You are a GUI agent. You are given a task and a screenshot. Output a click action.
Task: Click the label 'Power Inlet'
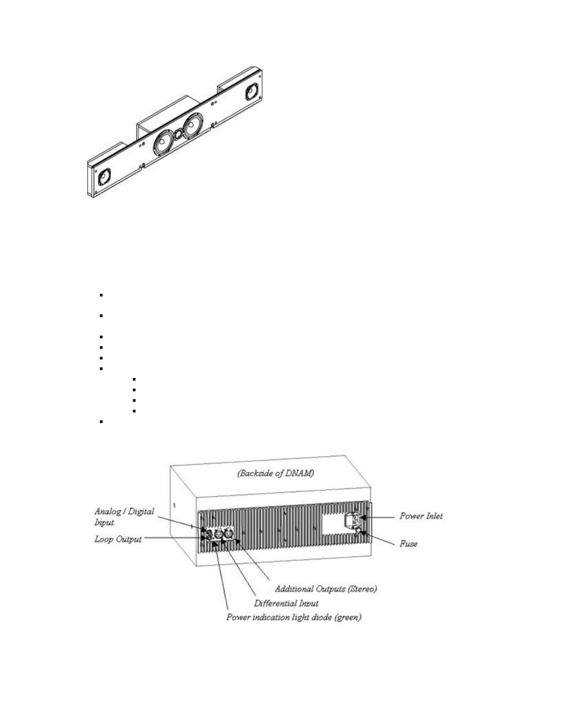[421, 516]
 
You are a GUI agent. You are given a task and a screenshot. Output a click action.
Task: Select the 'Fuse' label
[408, 544]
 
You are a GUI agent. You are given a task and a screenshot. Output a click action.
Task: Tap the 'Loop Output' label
[118, 539]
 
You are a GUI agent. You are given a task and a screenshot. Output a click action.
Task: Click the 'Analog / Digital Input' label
[124, 516]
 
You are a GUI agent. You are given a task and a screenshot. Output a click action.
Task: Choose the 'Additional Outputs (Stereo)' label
[326, 589]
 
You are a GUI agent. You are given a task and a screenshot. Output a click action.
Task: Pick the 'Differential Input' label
[286, 603]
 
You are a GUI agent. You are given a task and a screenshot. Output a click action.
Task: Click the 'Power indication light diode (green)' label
[293, 618]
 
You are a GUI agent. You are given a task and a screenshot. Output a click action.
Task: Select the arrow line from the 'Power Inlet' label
[380, 517]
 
